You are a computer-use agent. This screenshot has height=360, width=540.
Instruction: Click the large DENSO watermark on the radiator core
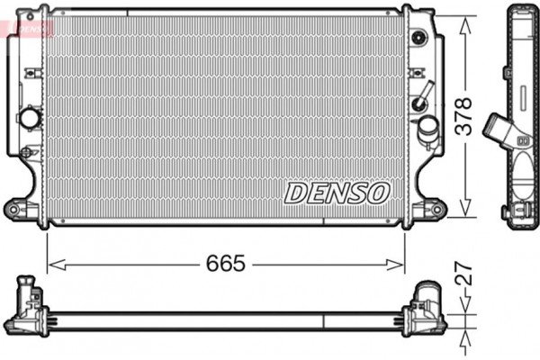tap(337, 192)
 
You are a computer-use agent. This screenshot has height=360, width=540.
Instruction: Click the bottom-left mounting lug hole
tap(15, 209)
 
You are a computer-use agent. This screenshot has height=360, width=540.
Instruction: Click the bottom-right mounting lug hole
tap(437, 211)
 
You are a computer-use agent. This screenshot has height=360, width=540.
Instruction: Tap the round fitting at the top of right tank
tap(418, 38)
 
